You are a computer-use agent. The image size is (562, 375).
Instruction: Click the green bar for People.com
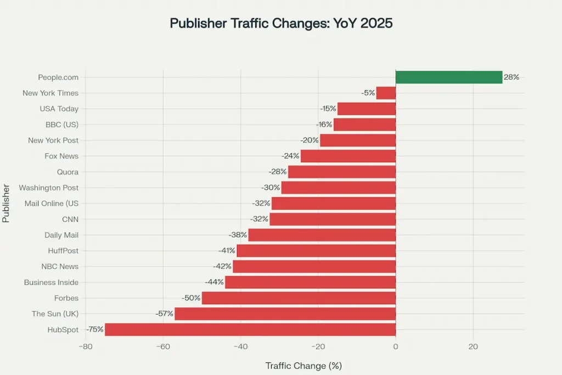[448, 77]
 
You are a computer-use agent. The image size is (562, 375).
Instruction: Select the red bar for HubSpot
[250, 329]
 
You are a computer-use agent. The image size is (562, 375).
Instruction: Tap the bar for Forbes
[299, 298]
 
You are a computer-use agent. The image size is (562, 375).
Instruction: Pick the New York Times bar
[385, 93]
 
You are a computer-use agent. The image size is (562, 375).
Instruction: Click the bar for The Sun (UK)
[285, 314]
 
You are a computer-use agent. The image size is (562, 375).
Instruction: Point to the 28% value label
[512, 77]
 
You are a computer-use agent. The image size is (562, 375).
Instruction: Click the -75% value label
[95, 329]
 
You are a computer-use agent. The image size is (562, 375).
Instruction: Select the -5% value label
[368, 93]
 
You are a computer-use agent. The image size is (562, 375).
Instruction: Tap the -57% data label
[165, 314]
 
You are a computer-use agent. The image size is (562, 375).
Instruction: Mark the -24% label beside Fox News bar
[290, 156]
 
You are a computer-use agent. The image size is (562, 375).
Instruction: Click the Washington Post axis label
[49, 188]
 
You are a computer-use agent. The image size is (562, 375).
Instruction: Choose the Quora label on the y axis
[68, 172]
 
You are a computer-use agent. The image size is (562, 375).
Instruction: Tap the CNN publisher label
[70, 219]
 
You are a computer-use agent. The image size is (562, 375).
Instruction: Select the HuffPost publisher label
[63, 251]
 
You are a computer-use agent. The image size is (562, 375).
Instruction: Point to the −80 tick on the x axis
[85, 347]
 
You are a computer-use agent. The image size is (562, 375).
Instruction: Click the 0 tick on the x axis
[396, 347]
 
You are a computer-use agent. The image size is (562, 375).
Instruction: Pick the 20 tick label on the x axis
[473, 347]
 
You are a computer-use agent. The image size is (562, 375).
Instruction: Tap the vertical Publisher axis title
[6, 203]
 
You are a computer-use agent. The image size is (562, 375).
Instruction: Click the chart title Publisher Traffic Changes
[281, 24]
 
